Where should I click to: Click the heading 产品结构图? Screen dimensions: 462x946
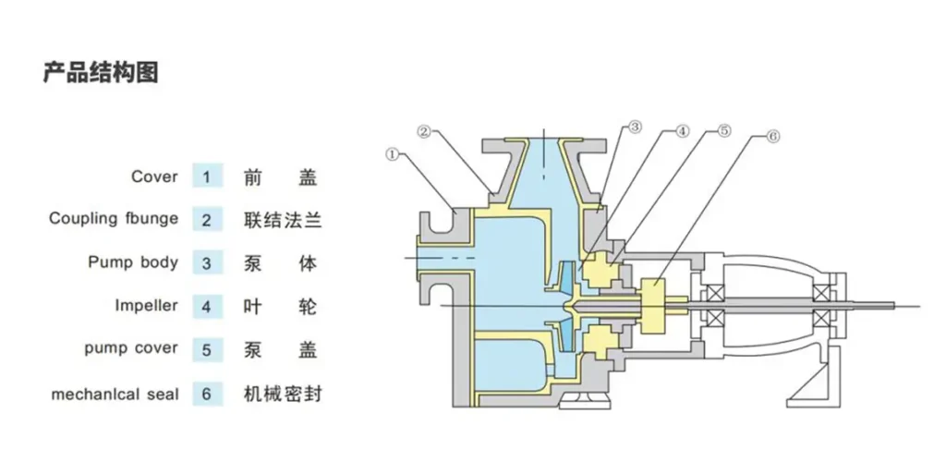101,72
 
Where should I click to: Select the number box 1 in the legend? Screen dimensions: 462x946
207,176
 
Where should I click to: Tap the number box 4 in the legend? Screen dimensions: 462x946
207,306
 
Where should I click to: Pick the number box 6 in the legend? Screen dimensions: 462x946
207,393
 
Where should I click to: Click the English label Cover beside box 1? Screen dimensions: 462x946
154,176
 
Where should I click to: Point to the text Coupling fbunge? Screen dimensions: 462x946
114,219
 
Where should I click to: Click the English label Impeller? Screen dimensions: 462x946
146,306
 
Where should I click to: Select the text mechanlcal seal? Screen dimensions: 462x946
115,393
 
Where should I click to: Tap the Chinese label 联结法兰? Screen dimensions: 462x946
283,219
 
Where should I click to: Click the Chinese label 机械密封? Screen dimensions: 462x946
283,393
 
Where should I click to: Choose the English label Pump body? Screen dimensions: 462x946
133,262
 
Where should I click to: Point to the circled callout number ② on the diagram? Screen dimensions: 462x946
424,132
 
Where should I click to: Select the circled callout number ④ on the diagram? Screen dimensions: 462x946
681,131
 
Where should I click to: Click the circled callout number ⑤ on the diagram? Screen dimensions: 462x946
724,131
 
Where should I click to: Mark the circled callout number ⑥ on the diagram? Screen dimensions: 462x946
772,136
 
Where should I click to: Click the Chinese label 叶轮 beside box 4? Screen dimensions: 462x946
283,306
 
